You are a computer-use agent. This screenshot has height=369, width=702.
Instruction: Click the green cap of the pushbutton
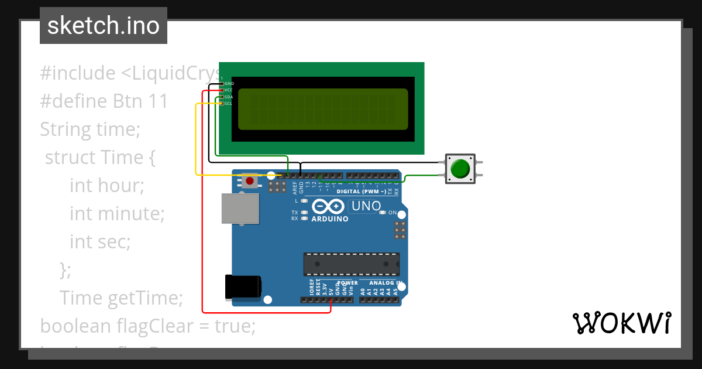click(x=460, y=169)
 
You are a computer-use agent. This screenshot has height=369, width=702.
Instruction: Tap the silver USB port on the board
click(x=240, y=209)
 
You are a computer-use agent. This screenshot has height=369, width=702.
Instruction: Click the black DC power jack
click(x=243, y=288)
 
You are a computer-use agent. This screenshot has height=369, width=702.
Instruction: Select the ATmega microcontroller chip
click(x=351, y=264)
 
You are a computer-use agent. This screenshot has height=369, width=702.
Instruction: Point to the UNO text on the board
click(x=365, y=206)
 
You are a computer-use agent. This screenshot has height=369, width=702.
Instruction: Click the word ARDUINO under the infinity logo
click(x=330, y=219)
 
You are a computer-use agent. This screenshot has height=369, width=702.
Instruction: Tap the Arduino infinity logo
click(x=329, y=206)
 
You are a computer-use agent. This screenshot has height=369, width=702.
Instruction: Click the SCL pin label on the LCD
click(x=228, y=104)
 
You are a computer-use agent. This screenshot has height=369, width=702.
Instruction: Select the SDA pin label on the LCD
click(x=228, y=97)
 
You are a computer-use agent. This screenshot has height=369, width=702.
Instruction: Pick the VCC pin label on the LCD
click(x=228, y=90)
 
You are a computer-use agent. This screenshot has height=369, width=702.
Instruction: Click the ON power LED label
click(x=392, y=213)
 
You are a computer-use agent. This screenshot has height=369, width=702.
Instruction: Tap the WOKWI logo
click(x=621, y=323)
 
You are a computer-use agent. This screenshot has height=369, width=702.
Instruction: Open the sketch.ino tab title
click(x=104, y=26)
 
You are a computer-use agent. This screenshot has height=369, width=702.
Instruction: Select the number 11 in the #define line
click(x=159, y=101)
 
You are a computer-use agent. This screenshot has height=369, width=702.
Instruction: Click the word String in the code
click(x=65, y=129)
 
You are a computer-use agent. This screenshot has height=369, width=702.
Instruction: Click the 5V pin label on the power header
click(x=331, y=290)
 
